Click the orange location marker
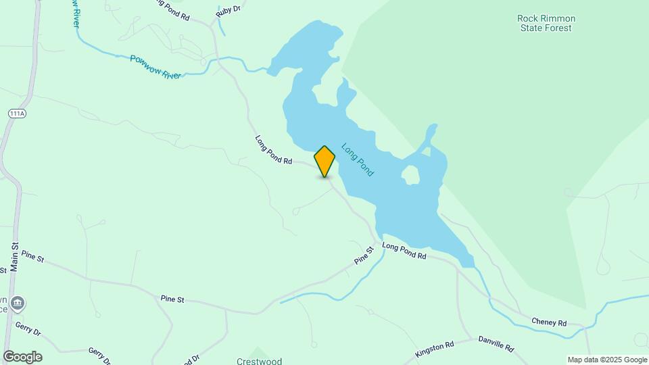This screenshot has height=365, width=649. tap(324, 161)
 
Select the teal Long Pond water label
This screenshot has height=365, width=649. tap(358, 160)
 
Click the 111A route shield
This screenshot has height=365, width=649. tap(17, 114)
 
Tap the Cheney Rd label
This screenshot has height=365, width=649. tap(548, 322)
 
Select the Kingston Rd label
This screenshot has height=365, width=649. tap(435, 347)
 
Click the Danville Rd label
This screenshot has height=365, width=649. tap(496, 344)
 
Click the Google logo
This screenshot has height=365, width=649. tap(22, 357)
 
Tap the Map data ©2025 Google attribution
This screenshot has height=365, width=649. tap(607, 360)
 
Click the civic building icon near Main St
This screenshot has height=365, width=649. tap(18, 303)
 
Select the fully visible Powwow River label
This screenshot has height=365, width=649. tap(155, 68)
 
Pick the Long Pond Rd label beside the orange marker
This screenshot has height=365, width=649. tap(273, 150)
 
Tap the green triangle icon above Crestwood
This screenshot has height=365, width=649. tap(258, 351)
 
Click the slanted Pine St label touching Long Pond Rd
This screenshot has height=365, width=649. tap(364, 255)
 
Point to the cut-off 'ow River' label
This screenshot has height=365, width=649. tap(75, 14)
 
